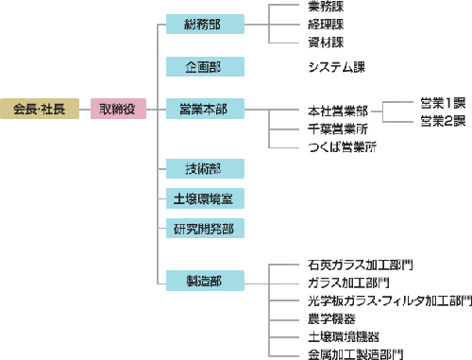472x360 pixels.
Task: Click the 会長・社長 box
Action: (40, 109)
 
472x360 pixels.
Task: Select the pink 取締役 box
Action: (118, 109)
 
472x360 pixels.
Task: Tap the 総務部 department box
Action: (205, 24)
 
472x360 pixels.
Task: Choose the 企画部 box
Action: (205, 66)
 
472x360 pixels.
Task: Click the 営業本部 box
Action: (205, 109)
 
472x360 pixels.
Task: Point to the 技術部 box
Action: (205, 168)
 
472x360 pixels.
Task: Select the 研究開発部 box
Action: (205, 228)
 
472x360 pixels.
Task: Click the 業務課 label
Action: (326, 8)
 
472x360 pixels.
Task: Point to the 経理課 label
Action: (326, 25)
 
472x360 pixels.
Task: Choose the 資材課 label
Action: (326, 42)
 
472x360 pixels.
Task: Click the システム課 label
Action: (335, 67)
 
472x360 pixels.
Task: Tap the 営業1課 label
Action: (443, 102)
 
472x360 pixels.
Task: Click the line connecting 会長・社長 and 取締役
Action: (85, 109)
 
